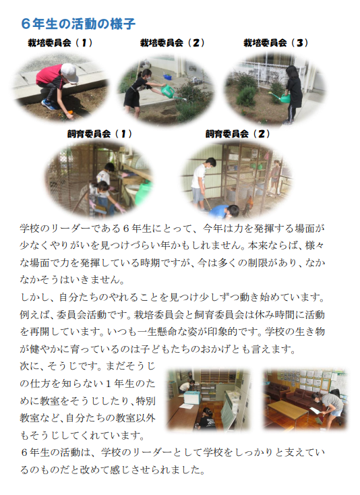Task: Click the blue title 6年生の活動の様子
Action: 78,24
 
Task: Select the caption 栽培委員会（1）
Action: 60,42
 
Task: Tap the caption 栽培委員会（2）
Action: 173,42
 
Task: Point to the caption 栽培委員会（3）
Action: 276,42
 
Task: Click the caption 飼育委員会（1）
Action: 100,134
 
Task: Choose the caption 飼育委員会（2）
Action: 238,134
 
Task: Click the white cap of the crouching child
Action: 69,73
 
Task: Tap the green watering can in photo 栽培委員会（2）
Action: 169,92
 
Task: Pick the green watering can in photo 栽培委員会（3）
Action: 282,97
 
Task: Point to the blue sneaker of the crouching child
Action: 49,105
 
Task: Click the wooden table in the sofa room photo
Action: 287,409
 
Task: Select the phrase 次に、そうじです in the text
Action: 58,366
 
